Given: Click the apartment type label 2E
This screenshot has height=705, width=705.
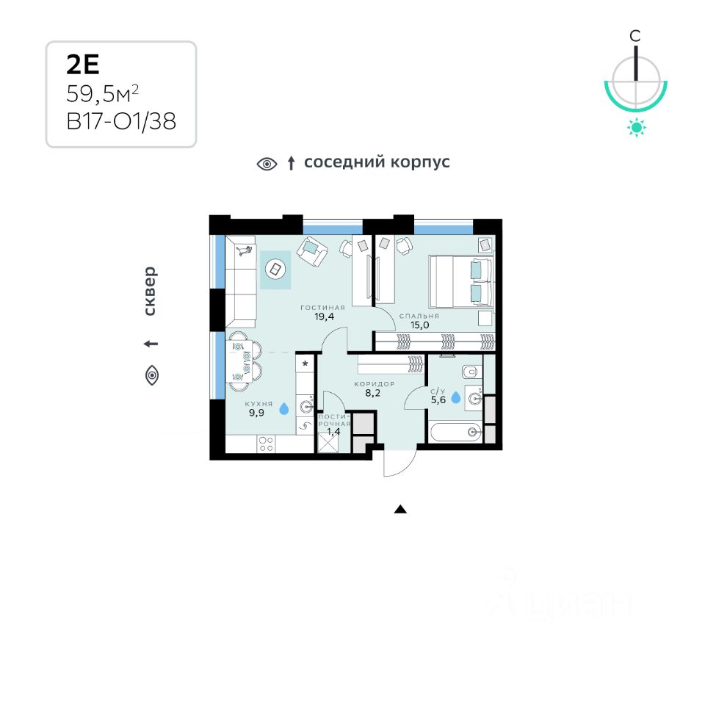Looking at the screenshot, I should (82, 65).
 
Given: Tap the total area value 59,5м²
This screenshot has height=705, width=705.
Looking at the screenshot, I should (103, 93).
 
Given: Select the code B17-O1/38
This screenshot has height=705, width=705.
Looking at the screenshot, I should (121, 120).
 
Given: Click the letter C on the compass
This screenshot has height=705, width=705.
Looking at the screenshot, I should (636, 35).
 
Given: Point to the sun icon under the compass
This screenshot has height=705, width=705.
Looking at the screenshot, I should (636, 129).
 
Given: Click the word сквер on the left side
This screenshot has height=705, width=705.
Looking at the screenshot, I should (150, 291).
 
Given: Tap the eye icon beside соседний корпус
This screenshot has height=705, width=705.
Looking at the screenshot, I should (267, 164).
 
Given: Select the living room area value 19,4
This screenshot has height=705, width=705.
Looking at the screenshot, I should (322, 317).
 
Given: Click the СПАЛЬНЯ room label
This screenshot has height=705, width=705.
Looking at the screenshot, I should (419, 316).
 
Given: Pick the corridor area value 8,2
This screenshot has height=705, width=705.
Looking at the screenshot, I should (375, 393).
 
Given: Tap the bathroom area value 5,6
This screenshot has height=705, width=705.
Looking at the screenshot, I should (438, 400).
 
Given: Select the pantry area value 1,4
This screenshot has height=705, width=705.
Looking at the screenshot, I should (334, 432).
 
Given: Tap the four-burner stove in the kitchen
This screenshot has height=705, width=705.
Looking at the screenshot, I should (267, 444).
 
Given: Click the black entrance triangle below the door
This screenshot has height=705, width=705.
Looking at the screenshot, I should (400, 509).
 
